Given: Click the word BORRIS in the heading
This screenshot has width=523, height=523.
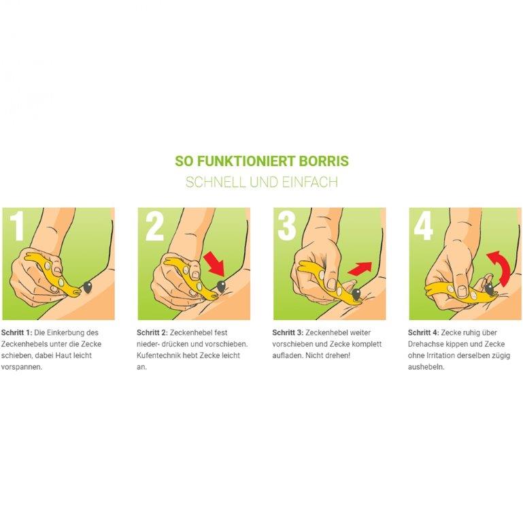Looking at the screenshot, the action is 324,161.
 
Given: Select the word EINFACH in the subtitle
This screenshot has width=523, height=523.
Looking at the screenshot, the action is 310,183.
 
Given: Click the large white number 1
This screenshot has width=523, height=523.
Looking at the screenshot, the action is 17,226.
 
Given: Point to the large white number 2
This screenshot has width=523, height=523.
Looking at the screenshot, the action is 155,226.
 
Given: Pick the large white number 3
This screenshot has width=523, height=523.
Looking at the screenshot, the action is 287,226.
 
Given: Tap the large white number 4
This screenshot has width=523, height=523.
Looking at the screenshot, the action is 424,226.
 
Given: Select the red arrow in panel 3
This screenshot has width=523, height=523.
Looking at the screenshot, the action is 360,268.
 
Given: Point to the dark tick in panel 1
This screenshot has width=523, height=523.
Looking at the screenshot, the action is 88,287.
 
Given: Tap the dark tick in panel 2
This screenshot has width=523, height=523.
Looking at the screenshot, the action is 221,285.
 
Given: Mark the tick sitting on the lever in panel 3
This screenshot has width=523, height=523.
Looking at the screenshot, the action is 356,294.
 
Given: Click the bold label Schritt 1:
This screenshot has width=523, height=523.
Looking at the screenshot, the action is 17,332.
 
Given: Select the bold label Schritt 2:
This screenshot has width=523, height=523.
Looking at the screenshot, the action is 152,332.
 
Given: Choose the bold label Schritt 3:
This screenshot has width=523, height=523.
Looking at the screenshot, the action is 288,332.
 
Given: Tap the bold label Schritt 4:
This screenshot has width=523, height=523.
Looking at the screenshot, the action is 424,332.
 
